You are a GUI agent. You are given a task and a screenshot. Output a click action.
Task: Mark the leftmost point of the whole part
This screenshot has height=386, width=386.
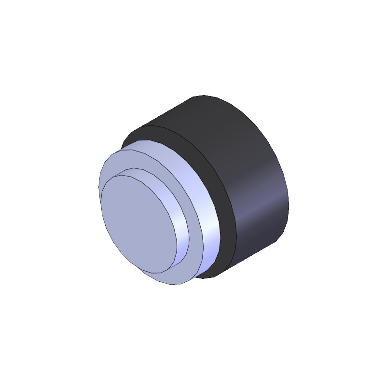pos(98,188)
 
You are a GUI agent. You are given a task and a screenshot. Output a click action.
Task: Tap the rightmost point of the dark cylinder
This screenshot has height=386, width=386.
pos(289,203)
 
